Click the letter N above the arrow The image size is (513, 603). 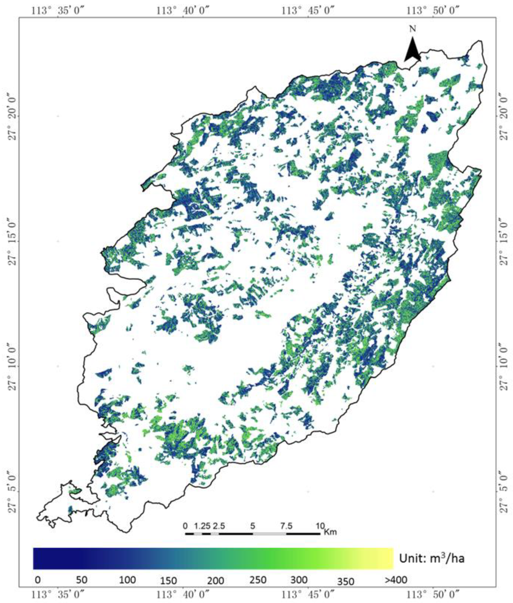tap(412, 29)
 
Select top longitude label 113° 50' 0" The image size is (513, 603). tap(433, 11)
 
